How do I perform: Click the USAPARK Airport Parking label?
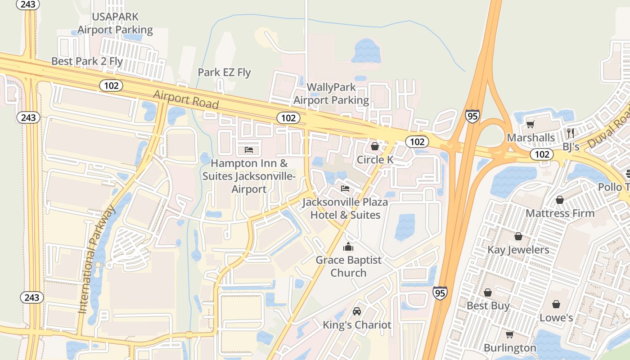tap(115, 23)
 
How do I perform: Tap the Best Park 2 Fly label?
tap(87, 61)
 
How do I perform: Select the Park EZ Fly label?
tap(224, 72)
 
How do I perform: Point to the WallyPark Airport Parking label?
tap(331, 94)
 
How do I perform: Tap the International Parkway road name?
tap(96, 260)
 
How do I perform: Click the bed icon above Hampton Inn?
tap(249, 149)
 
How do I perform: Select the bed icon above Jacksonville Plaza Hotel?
tap(345, 188)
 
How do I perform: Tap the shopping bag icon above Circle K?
tap(374, 146)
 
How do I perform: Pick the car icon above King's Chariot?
tap(357, 311)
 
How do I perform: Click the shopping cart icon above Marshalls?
tap(531, 124)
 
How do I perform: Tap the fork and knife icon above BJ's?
tap(571, 133)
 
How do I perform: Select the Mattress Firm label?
tap(560, 213)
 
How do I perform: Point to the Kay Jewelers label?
tap(518, 250)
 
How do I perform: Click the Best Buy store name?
tap(488, 306)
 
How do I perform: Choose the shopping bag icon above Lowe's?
tap(556, 305)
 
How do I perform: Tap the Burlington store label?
tap(510, 348)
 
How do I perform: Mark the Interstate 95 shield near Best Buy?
tap(440, 293)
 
